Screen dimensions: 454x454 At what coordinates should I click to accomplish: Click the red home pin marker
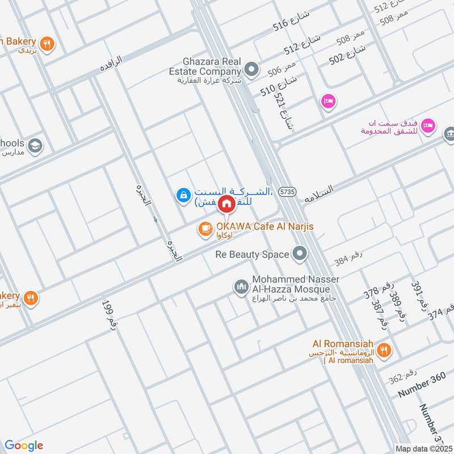tap(226, 203)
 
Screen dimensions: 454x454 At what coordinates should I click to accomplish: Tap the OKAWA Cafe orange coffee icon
tap(204, 228)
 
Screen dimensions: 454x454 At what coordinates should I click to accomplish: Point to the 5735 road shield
tap(288, 192)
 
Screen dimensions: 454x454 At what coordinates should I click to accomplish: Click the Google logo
tap(24, 445)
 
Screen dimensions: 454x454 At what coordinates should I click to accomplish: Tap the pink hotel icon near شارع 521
tap(328, 102)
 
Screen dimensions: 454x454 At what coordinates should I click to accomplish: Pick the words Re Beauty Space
tap(252, 254)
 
